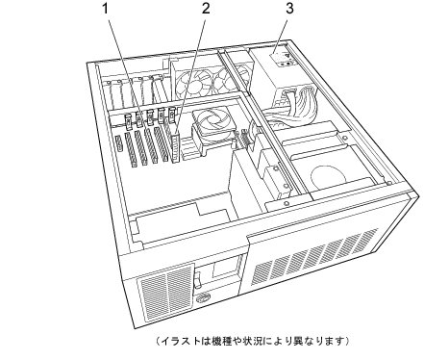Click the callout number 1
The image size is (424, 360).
pos(106,9)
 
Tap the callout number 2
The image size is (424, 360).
pos(206,9)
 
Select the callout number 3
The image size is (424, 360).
pos(289,9)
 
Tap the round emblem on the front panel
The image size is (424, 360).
pos(204,297)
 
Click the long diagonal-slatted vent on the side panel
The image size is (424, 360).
pos(314,257)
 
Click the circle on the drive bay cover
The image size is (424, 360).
pos(329,176)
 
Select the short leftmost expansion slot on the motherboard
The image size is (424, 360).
pos(118,143)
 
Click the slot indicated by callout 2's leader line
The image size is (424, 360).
pos(175,148)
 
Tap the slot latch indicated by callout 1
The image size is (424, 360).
pos(139,119)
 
